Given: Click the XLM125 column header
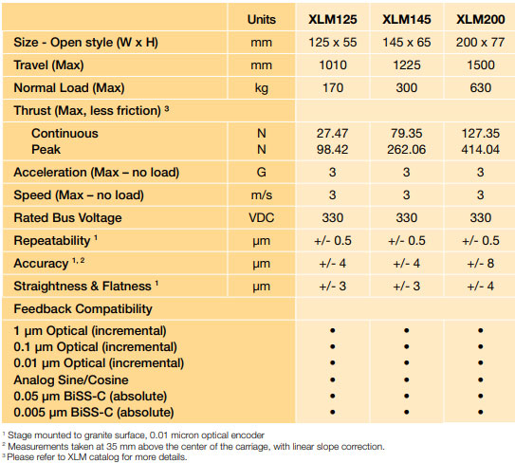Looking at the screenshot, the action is tap(332, 19).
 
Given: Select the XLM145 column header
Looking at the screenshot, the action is tap(405, 19).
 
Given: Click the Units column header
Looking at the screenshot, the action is tap(261, 19).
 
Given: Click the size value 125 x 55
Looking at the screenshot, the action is tap(332, 44).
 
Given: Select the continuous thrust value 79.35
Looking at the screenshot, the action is tap(405, 134).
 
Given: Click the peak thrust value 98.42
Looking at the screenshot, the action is tap(332, 149).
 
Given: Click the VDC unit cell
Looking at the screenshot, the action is tap(261, 217).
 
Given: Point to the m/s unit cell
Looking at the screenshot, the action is tap(261, 194).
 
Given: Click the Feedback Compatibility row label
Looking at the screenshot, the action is tap(82, 308).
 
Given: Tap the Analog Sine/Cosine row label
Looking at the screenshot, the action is tap(72, 379).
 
